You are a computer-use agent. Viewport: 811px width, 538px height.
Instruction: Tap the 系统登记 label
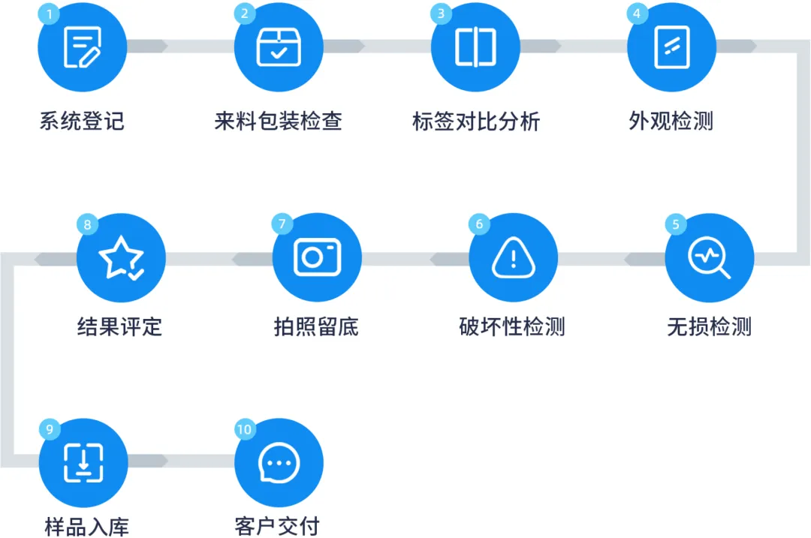coord(82,122)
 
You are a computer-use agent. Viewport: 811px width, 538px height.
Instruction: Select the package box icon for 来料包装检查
coord(279,47)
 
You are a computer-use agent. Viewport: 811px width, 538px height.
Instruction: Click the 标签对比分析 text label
coord(476,122)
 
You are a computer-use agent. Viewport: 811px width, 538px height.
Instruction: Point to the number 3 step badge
coord(441,14)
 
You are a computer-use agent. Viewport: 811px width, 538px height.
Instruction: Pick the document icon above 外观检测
coord(671,47)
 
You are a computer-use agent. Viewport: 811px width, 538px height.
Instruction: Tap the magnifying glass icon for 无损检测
coord(710,258)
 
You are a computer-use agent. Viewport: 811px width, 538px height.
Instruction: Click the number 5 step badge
coord(676,224)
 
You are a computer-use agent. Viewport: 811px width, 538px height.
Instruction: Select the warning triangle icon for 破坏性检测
coord(513,258)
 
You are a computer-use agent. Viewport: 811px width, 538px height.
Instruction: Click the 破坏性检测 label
coord(512,327)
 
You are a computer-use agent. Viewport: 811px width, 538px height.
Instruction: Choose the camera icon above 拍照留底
coord(317,258)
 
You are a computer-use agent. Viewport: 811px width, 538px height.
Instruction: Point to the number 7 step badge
coord(282,224)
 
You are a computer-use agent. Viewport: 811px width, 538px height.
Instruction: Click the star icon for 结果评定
coord(121,258)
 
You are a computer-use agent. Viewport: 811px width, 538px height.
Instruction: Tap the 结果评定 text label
coord(120,327)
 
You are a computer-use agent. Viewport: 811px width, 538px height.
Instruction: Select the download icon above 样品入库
coord(83,463)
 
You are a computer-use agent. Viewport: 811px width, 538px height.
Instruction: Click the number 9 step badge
coord(49,429)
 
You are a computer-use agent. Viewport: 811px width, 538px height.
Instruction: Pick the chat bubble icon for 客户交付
coord(279,463)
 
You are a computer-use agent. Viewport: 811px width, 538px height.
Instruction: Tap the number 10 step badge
coord(245,429)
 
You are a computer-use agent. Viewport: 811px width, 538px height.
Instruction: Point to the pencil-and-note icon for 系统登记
coord(82,47)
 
